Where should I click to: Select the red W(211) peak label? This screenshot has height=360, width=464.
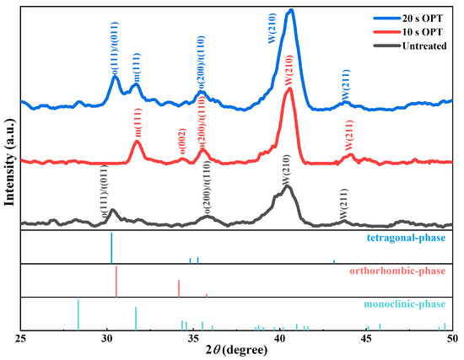348,134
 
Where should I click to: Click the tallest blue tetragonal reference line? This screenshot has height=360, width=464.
111,247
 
